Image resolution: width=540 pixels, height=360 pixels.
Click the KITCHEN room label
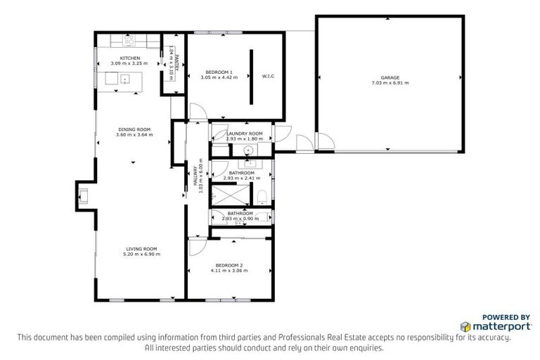coord(129,58)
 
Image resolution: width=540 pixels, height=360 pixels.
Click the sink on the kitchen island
coord(124,79)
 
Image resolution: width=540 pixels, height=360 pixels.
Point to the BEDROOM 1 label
coord(219,72)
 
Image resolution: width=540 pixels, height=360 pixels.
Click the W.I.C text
coord(267,75)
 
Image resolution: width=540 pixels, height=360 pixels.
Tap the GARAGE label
coord(390,77)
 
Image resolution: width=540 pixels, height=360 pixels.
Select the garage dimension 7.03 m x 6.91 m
coord(390,83)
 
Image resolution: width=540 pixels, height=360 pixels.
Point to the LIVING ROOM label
coord(141,248)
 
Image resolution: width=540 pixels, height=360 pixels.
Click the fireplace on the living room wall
coord(83,195)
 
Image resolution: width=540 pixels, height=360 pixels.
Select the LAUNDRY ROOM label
coord(244,134)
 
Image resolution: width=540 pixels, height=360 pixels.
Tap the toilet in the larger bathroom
coord(262,195)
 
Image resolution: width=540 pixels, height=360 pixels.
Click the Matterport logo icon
coord(466,326)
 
